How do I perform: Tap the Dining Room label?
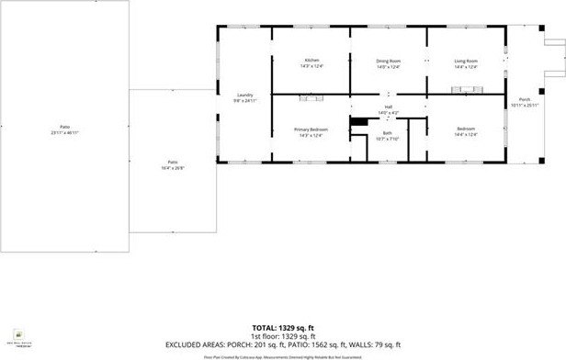tap(389, 62)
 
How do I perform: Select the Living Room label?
tap(466, 62)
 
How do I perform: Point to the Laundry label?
tap(244, 95)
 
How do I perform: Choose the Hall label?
tap(388, 107)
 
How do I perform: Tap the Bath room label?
tap(388, 133)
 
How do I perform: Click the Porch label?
tap(525, 99)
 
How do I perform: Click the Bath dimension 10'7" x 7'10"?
tap(388, 139)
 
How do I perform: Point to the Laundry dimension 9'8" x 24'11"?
tap(244, 100)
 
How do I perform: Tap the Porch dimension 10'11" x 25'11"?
tap(525, 105)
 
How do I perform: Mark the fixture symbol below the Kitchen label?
tap(311, 96)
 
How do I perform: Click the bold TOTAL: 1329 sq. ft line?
tap(282, 328)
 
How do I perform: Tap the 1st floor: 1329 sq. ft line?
tap(282, 335)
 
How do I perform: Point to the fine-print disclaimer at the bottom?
tap(282, 354)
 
